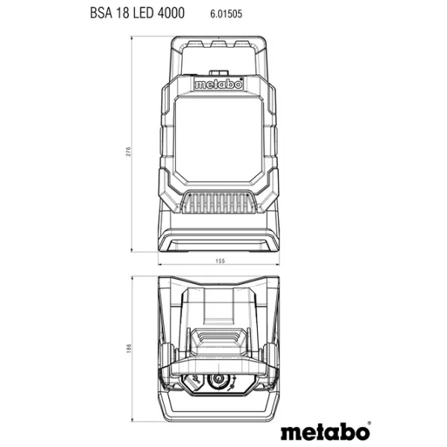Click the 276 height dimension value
(129, 151)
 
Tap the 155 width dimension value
(220, 261)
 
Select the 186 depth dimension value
(129, 349)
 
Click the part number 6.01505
(226, 13)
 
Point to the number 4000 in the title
(171, 13)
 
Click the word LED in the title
(144, 13)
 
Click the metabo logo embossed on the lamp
(218, 84)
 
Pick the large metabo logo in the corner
(325, 432)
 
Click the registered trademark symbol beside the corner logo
(370, 423)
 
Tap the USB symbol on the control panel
(195, 380)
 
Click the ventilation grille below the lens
(219, 202)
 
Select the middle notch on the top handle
(218, 44)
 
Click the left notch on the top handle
(195, 44)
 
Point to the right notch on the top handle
(241, 44)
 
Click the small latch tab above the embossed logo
(219, 73)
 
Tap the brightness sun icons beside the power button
(233, 382)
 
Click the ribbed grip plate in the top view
(218, 337)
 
